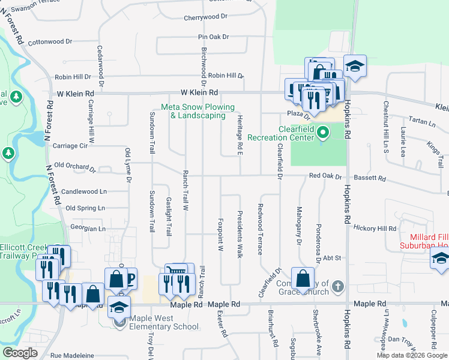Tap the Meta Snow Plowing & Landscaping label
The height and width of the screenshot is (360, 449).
coord(193,111)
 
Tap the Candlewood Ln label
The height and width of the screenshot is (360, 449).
coord(84,191)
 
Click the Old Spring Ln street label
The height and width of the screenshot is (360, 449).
coord(85,208)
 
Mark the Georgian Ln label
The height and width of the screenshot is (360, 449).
coord(88,229)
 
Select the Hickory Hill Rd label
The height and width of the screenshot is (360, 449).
coord(375,229)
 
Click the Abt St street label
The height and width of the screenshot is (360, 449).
coord(332,257)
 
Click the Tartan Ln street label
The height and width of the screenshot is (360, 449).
coord(424,122)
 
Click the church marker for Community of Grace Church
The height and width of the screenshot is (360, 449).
coord(338,286)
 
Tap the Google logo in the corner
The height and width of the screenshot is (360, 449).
coord(20,353)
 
